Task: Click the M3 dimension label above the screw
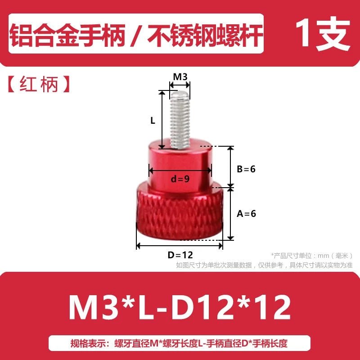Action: click(180, 76)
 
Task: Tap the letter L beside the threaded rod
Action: click(153, 120)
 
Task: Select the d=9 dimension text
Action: click(180, 179)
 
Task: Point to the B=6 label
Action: click(246, 169)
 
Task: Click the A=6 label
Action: click(246, 214)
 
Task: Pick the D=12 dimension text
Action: click(180, 255)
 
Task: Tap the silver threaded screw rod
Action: click(180, 119)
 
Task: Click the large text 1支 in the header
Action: click(323, 34)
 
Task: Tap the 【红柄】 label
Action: click(39, 84)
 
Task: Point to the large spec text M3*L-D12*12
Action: click(180, 307)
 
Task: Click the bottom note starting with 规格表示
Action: click(179, 343)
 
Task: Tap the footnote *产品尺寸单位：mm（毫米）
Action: click(312, 256)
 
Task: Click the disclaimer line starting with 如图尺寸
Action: click(264, 265)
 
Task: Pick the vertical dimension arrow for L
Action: click(162, 120)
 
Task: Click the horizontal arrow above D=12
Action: click(180, 246)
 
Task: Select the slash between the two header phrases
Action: click(136, 36)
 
